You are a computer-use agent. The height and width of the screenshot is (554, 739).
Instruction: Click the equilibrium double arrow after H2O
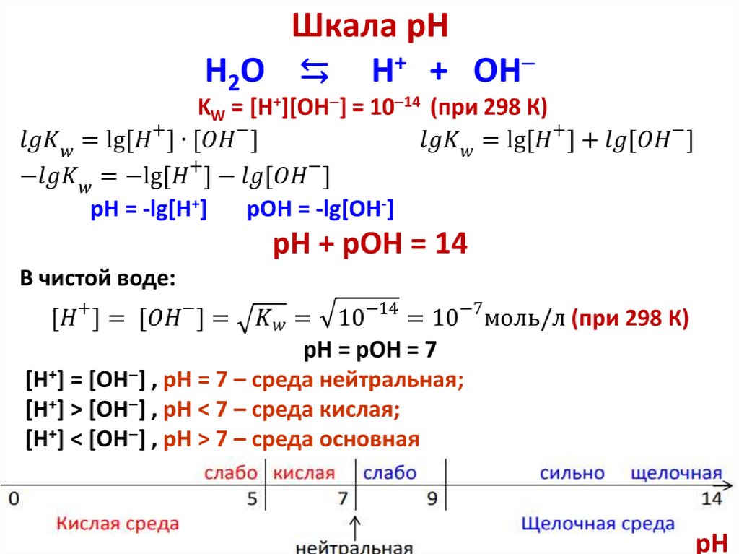point(314,72)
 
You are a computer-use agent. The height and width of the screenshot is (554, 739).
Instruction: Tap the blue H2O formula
point(236,73)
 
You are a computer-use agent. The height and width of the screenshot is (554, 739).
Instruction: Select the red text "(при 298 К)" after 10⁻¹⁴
point(489,108)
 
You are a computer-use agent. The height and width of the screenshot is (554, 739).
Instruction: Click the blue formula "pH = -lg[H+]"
point(149,209)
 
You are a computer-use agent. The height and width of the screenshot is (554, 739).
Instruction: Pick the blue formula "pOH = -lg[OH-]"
point(320,209)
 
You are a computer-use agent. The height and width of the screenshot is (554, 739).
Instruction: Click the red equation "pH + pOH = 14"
point(370,245)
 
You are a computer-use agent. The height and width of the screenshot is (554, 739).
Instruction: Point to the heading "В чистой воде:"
point(97,278)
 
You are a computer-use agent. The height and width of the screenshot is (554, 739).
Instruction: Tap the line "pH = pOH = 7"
point(370,352)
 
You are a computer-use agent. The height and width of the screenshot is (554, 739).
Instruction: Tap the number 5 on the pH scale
point(251,498)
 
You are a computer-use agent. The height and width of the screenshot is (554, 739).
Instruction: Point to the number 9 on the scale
point(431,498)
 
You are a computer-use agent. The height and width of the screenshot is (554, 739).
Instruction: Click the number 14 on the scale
point(711,498)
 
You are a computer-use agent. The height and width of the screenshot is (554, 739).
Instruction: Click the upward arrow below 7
point(355,523)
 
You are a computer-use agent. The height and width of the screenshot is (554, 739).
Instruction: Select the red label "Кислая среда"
point(118,524)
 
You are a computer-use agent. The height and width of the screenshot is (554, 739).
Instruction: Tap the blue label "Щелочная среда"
point(598,524)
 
